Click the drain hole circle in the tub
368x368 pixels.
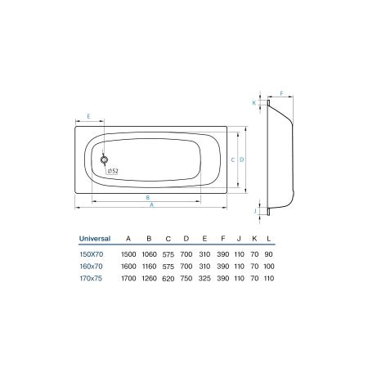tap(105, 160)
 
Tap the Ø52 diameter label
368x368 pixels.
tap(113, 171)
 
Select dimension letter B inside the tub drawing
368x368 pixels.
tap(147, 197)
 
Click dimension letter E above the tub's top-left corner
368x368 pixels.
tap(88, 117)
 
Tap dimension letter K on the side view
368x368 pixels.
tap(254, 103)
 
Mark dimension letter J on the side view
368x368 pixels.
tap(254, 211)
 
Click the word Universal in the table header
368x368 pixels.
tap(95, 239)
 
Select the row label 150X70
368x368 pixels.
tap(91, 255)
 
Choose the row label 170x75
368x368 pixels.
tap(91, 278)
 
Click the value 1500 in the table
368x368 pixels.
tap(128, 255)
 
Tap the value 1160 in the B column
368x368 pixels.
tap(149, 267)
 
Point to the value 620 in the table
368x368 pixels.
tap(168, 278)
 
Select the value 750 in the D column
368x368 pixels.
tap(186, 278)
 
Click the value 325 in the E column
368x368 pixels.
tap(204, 278)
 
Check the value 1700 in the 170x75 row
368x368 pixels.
tap(128, 278)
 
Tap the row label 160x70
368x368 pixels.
tap(91, 267)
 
